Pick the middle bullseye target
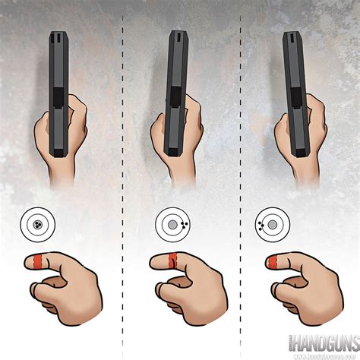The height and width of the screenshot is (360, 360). click(x=173, y=225)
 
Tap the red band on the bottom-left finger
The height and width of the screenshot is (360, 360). click(x=38, y=263)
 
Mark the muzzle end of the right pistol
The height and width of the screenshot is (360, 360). click(x=292, y=34)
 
